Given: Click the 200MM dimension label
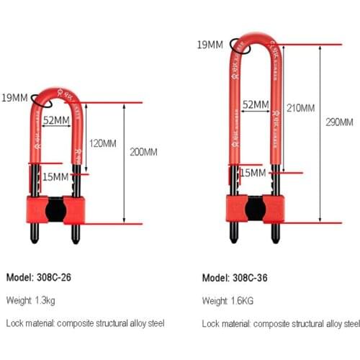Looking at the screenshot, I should (x=144, y=152).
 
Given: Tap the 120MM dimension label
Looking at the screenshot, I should (x=103, y=143).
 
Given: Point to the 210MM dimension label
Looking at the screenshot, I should (x=300, y=109).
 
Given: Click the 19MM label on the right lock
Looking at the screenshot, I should (x=210, y=45).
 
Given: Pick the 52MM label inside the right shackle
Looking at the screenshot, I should (x=256, y=104).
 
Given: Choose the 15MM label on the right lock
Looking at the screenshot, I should (x=253, y=173).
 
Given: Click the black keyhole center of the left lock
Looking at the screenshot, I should (x=55, y=211).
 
